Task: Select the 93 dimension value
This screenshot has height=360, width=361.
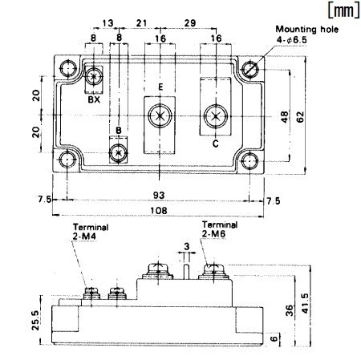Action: (x=160, y=195)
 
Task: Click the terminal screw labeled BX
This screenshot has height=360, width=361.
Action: (x=96, y=77)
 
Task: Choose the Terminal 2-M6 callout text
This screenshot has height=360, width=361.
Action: (x=220, y=229)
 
